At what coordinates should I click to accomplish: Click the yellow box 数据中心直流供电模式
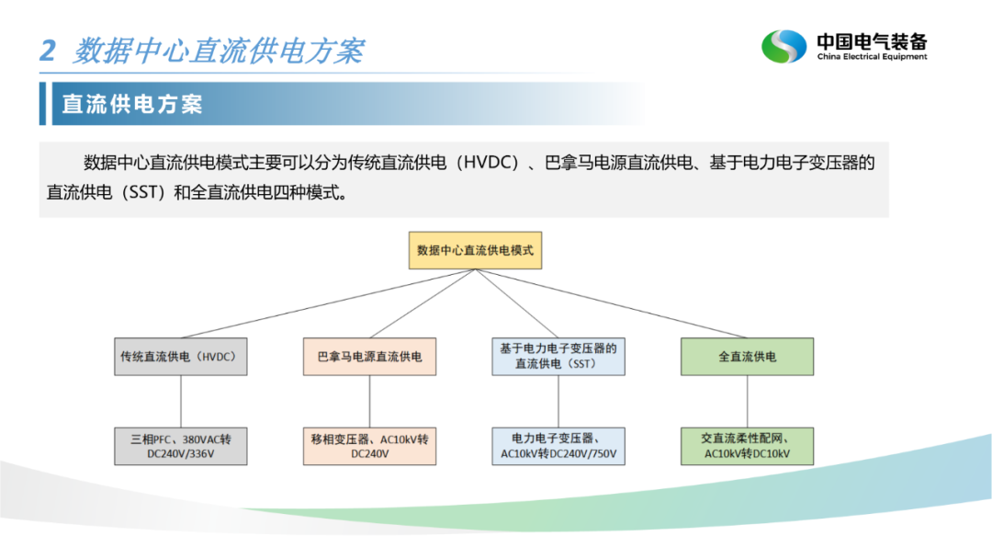pyautogui.click(x=475, y=250)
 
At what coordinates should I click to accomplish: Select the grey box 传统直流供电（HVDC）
pyautogui.click(x=181, y=357)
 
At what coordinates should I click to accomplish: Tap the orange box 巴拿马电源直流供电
pyautogui.click(x=369, y=357)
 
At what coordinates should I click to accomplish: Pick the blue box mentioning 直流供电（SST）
pyautogui.click(x=558, y=357)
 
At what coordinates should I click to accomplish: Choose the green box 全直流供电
pyautogui.click(x=747, y=357)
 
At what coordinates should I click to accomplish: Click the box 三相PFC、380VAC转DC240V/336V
pyautogui.click(x=181, y=446)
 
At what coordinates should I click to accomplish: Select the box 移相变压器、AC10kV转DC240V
pyautogui.click(x=369, y=446)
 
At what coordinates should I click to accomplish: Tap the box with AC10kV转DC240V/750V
pyautogui.click(x=558, y=446)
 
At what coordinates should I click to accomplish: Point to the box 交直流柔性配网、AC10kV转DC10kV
pyautogui.click(x=747, y=446)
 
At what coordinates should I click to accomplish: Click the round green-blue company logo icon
pyautogui.click(x=783, y=46)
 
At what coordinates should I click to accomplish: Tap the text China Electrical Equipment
pyautogui.click(x=872, y=56)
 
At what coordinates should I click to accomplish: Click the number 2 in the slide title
pyautogui.click(x=48, y=51)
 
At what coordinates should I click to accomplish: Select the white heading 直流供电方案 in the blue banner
pyautogui.click(x=132, y=104)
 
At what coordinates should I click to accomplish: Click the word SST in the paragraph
pyautogui.click(x=143, y=192)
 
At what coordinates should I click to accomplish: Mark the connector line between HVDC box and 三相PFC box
pyautogui.click(x=181, y=402)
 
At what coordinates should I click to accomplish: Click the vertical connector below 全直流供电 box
pyautogui.click(x=747, y=402)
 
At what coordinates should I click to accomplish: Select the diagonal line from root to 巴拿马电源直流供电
pyautogui.click(x=423, y=303)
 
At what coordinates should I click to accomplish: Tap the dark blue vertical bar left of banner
pyautogui.click(x=42, y=103)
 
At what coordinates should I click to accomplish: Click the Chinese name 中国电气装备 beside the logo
pyautogui.click(x=872, y=41)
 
